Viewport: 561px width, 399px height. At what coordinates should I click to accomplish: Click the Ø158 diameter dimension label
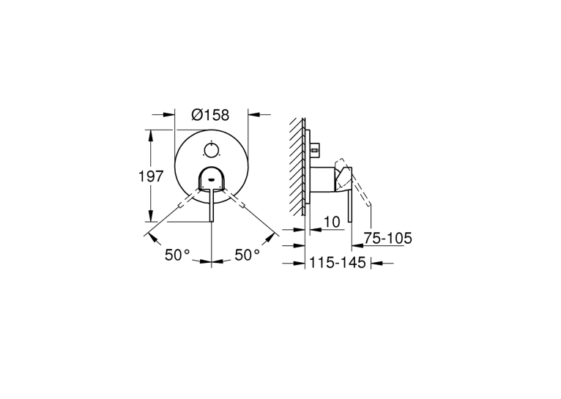(210, 115)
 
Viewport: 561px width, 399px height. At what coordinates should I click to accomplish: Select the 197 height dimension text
(151, 176)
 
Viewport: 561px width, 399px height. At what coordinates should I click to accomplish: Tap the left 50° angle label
(177, 255)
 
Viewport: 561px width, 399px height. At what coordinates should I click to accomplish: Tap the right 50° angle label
(248, 255)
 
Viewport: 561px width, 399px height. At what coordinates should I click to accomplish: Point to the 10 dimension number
(332, 222)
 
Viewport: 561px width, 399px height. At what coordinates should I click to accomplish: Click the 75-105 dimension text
(388, 238)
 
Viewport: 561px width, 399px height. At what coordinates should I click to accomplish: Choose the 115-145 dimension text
(338, 262)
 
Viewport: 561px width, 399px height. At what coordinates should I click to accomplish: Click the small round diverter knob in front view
(211, 150)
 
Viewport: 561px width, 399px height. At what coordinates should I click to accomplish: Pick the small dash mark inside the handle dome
(211, 180)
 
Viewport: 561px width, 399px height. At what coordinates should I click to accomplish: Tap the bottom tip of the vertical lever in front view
(212, 221)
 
